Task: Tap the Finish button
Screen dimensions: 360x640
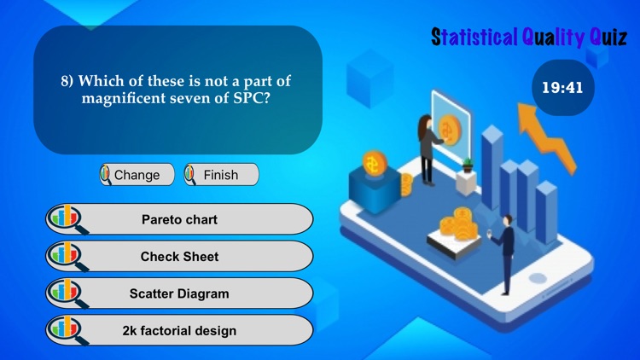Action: [x=221, y=175]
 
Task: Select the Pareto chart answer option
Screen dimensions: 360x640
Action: [x=179, y=219]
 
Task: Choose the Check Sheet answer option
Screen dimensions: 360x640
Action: [x=179, y=256]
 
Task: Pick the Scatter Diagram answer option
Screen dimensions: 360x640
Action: [x=179, y=293]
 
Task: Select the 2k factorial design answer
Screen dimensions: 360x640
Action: [x=179, y=330]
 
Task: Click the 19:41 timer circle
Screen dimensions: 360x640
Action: [x=562, y=86]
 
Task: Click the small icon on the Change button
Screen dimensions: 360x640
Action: [x=106, y=175]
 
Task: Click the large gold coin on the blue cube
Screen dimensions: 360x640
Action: [x=373, y=162]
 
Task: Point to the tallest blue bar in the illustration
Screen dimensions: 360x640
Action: [x=492, y=171]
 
